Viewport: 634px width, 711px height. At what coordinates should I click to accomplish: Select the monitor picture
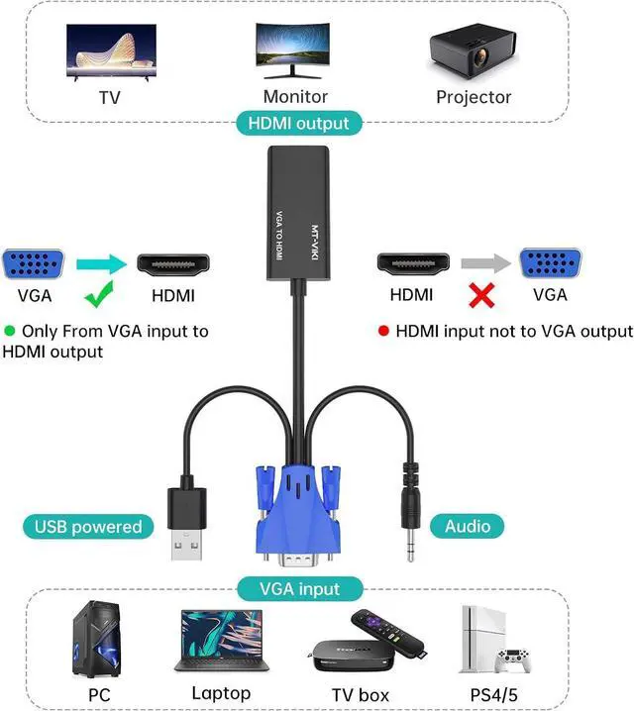tap(294, 50)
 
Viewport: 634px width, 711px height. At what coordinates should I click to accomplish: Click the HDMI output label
tap(298, 124)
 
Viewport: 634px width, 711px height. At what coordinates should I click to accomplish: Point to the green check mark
tap(96, 294)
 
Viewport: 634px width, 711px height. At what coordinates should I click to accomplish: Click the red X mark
tap(483, 296)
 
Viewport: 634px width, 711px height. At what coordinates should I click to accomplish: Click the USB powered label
tap(88, 527)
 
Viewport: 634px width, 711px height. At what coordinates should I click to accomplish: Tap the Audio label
tap(468, 527)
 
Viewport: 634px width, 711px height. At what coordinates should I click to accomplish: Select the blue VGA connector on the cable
tap(298, 515)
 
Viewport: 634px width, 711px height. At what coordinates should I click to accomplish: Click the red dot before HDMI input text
tap(383, 332)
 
